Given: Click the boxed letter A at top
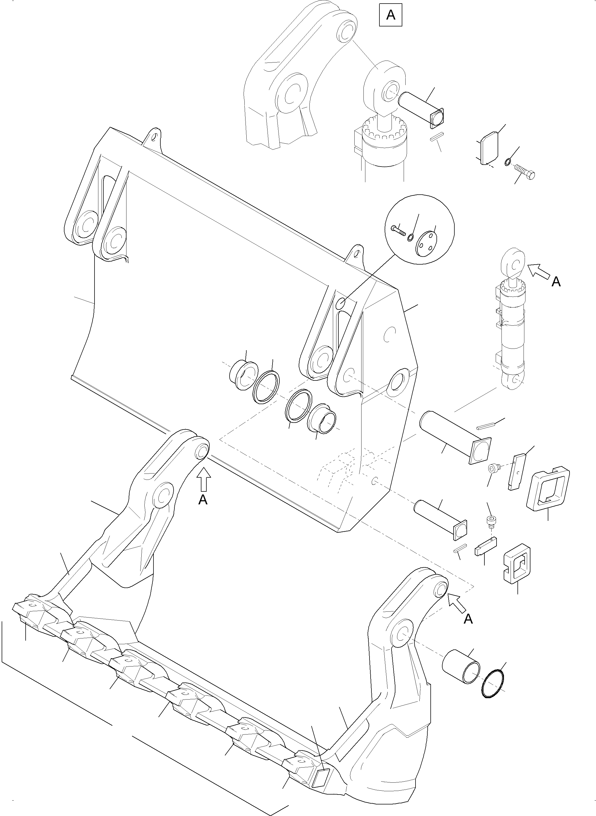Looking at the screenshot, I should click(x=391, y=15).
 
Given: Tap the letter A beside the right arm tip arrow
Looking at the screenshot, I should click(x=468, y=619).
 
